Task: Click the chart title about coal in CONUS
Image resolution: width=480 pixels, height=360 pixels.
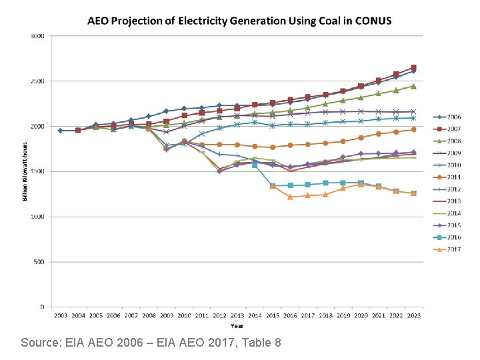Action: coord(240,20)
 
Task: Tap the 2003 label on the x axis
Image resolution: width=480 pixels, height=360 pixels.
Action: coord(61,315)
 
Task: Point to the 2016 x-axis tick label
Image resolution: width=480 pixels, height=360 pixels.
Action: coord(291,315)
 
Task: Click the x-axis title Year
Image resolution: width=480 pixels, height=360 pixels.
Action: coord(237,326)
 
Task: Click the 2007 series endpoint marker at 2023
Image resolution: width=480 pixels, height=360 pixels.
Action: coord(414,67)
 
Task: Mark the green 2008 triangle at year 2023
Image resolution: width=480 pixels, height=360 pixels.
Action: coord(414,86)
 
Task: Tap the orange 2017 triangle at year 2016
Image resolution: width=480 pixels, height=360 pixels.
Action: coord(291,197)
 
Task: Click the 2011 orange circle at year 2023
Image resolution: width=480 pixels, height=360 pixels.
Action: coord(414,129)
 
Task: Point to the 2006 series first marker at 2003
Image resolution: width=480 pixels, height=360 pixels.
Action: coord(61,131)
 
